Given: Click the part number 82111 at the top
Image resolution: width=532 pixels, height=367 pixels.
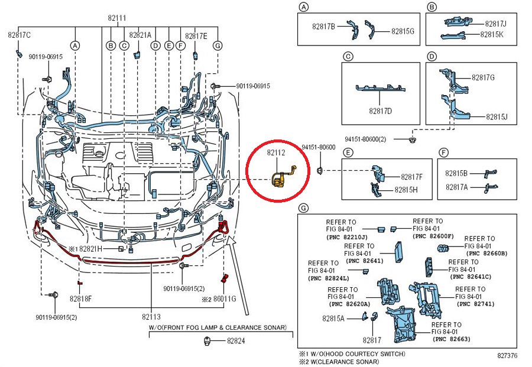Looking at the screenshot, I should tap(116, 18).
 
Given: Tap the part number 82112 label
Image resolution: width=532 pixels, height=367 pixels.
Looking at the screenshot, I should tap(275, 152).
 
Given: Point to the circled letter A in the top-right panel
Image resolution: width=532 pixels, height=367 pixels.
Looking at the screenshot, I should tap(303, 7).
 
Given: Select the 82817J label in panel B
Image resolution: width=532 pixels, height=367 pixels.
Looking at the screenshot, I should tap(495, 24).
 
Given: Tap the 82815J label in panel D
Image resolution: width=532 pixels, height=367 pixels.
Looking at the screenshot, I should tap(497, 117).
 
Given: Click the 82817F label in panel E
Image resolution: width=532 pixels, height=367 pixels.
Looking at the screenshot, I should tap(411, 176).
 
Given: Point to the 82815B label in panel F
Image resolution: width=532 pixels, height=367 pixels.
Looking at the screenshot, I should tap(456, 173).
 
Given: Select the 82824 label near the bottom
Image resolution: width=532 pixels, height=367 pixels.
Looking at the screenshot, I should tap(236, 341).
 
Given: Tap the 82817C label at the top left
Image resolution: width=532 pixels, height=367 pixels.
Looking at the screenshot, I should tap(19, 35).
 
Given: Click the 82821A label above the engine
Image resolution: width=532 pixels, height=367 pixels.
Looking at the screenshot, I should tap(140, 35).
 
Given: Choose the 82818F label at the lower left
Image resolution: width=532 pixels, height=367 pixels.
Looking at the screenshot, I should tap(81, 298).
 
